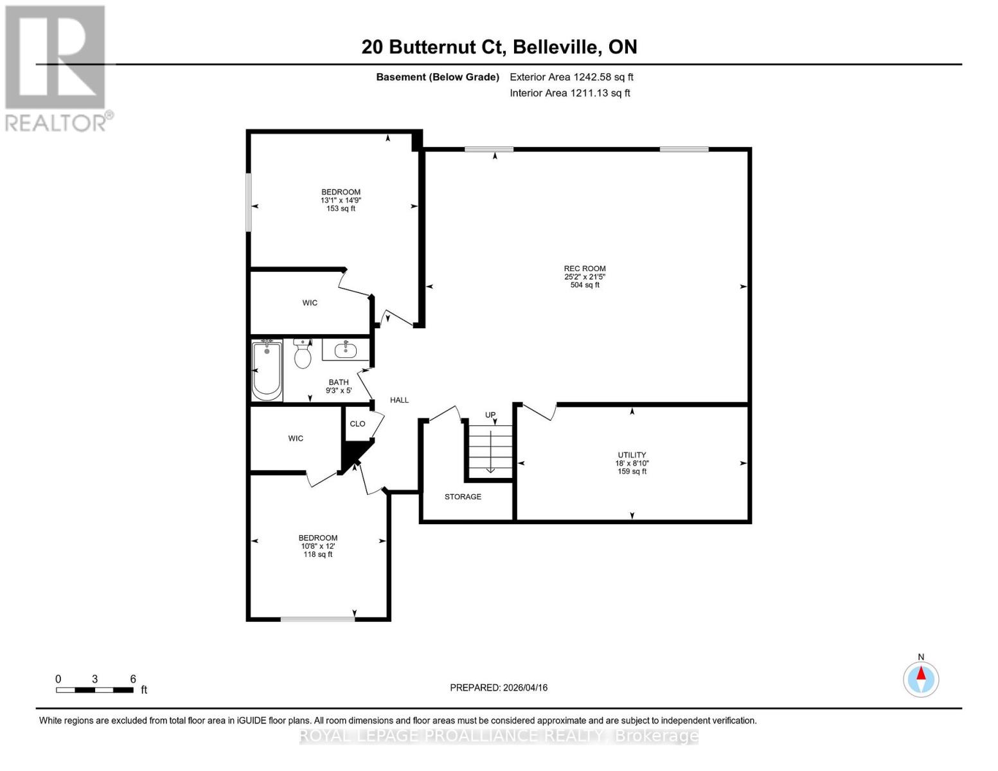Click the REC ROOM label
585,269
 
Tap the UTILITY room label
632,455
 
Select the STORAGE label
463,497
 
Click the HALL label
399,400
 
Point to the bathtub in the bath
267,371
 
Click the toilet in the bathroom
302,354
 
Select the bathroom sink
346,350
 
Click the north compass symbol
921,678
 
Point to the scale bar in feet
94,690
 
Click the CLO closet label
357,423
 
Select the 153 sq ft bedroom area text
341,208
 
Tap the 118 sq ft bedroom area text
318,554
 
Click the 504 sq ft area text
585,285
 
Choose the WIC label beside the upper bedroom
310,303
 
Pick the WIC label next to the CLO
296,438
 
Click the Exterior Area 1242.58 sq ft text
571,76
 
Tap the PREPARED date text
499,687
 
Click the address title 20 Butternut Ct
499,47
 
